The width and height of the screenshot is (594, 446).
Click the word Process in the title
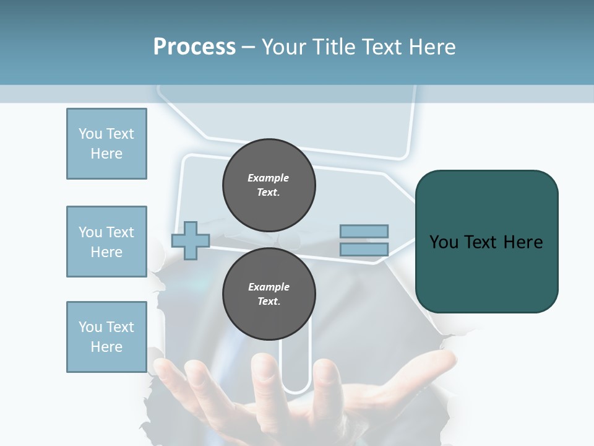click(194, 46)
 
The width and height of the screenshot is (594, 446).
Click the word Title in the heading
click(332, 47)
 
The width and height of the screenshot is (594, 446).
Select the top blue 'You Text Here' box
click(106, 144)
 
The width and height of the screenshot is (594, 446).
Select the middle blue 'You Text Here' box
click(106, 242)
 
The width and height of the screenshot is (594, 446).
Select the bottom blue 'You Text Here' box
click(106, 336)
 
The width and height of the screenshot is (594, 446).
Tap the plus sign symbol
click(191, 240)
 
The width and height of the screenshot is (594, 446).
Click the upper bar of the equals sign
click(364, 231)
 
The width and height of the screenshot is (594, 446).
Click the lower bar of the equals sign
click(364, 249)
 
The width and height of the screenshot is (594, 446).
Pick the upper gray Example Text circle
click(269, 185)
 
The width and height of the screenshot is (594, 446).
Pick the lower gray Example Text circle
click(269, 294)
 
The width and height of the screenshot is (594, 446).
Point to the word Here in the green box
click(523, 242)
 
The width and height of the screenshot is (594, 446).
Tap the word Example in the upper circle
click(268, 178)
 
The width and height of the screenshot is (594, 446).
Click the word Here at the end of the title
click(431, 47)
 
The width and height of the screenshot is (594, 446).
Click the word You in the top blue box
click(90, 134)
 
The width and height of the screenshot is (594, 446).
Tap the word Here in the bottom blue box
click(106, 347)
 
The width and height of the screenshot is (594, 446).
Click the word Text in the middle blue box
click(120, 232)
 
